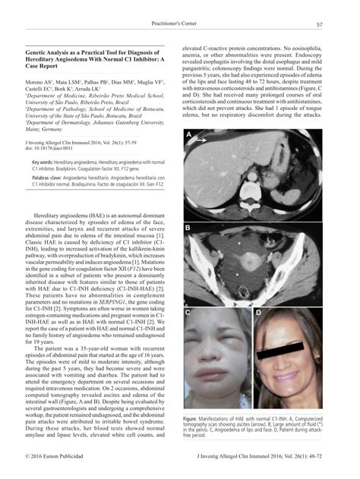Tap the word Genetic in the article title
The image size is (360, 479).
click(x=37, y=47)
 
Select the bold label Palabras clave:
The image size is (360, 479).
click(x=49, y=178)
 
